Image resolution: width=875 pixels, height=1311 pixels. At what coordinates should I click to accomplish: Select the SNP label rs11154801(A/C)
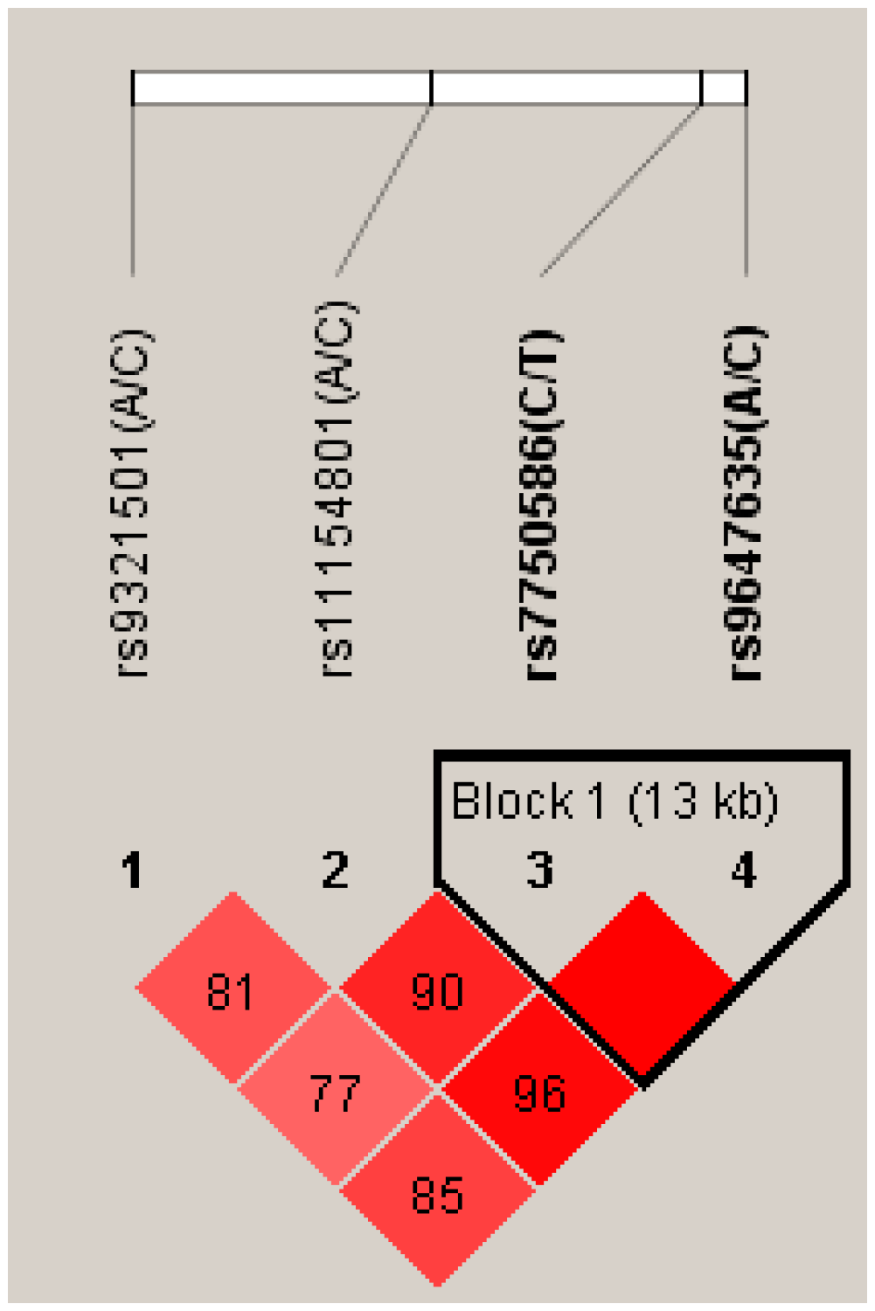(x=337, y=489)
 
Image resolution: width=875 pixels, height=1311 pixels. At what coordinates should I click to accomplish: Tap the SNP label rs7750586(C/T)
(x=540, y=505)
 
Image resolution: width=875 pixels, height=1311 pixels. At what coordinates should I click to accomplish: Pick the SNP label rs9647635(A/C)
(x=746, y=503)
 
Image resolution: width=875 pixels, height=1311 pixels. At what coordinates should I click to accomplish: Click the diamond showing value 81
(x=232, y=990)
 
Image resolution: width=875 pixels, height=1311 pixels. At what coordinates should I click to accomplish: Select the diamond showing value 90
(x=437, y=990)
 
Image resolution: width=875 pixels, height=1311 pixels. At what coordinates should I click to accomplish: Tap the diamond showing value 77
(x=335, y=1092)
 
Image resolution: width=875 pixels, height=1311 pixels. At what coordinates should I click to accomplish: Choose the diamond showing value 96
(x=539, y=1092)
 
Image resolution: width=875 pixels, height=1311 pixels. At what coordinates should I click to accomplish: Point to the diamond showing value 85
(x=437, y=1195)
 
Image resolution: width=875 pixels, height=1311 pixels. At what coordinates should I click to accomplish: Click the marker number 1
(x=132, y=871)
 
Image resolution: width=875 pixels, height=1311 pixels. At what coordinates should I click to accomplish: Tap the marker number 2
(x=336, y=871)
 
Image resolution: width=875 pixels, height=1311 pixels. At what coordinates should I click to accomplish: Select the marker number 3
(x=540, y=871)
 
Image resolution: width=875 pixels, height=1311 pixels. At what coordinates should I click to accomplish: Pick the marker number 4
(x=744, y=871)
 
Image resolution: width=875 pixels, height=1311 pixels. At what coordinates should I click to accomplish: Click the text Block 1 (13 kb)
(x=614, y=801)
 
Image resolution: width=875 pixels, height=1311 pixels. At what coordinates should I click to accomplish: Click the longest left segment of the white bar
(x=281, y=88)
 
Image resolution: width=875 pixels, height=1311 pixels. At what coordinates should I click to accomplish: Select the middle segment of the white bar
(x=566, y=88)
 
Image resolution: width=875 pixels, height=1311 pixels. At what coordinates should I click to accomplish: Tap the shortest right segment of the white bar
(x=725, y=88)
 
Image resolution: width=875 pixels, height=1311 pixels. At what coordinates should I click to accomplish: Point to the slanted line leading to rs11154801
(x=384, y=191)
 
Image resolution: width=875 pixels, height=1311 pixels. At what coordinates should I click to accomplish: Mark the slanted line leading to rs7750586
(x=621, y=191)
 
